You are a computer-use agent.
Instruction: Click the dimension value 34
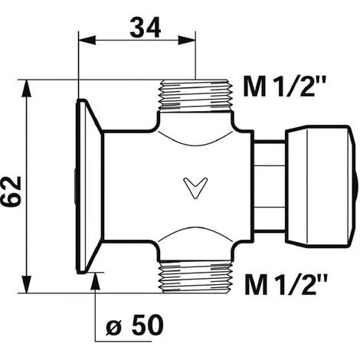click(x=146, y=28)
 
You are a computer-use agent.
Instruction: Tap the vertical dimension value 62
click(x=11, y=191)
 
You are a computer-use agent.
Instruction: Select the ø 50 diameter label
click(x=135, y=325)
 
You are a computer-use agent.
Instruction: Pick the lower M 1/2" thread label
click(x=286, y=284)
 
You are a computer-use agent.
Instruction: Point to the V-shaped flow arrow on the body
click(x=195, y=188)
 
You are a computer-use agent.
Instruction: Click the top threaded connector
click(x=196, y=96)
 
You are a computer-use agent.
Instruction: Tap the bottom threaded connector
click(x=196, y=277)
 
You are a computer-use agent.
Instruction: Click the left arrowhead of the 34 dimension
click(x=87, y=41)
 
